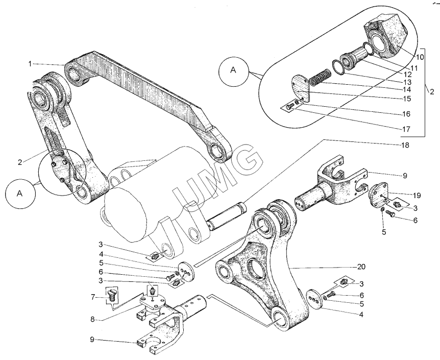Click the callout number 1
(30, 63)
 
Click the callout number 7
(93, 296)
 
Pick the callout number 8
(93, 320)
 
